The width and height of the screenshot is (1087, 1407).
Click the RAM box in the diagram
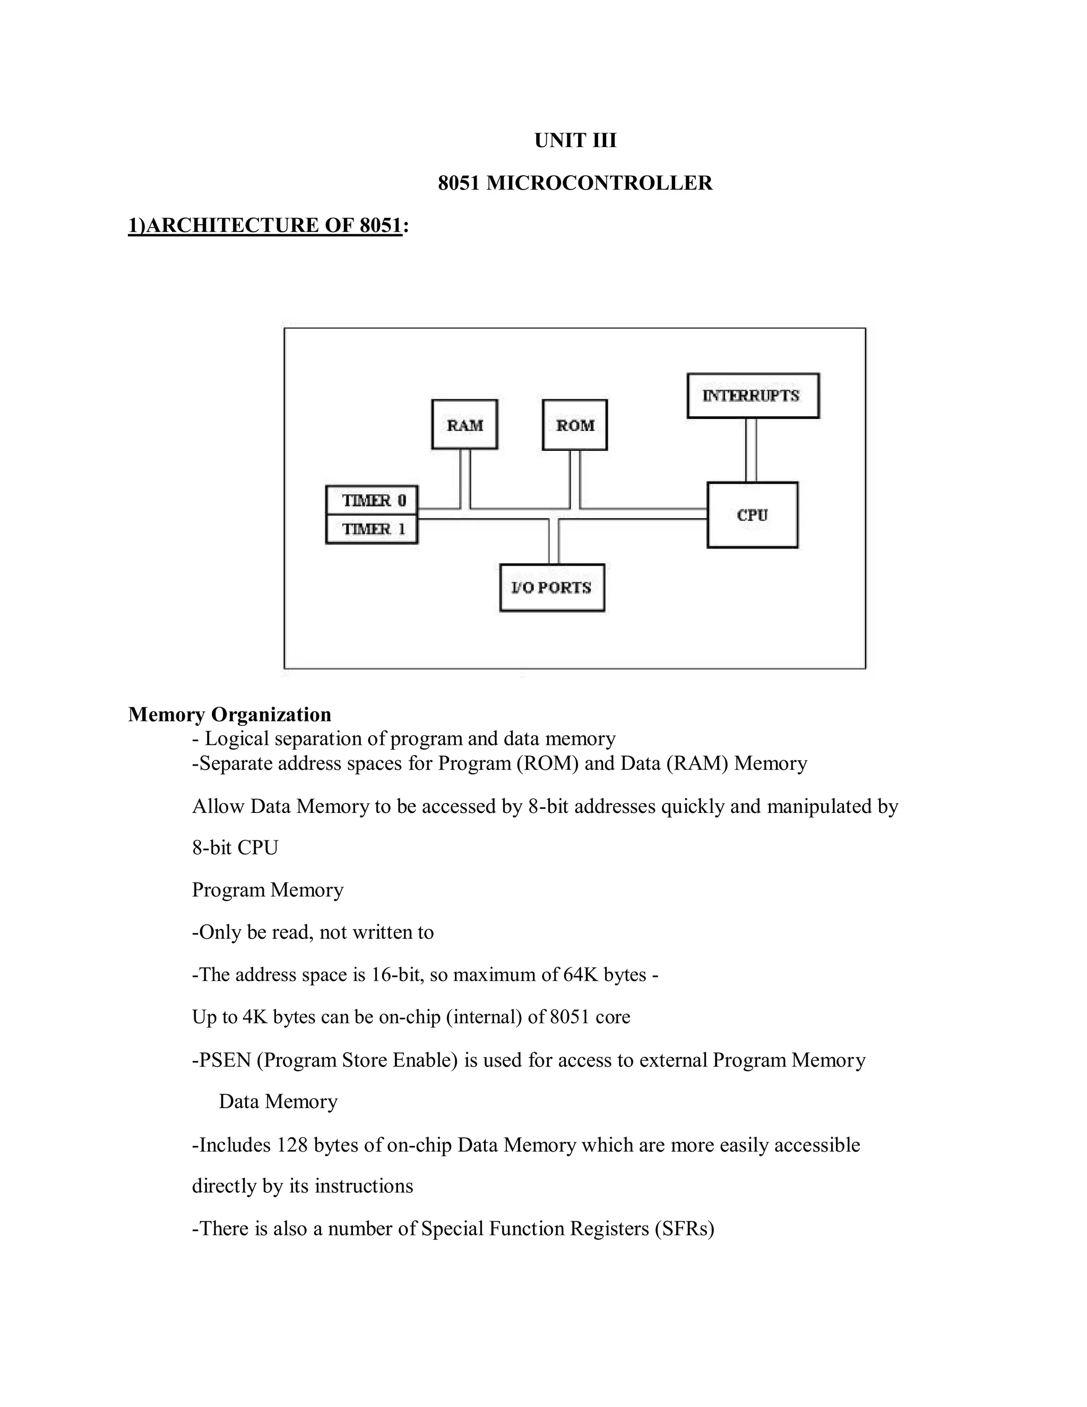pos(464,425)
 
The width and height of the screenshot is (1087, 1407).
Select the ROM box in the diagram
pos(575,425)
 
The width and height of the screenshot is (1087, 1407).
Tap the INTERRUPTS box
pos(753,396)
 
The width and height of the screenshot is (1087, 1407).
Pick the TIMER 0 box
pos(372,501)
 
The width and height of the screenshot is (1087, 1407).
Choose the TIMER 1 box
pos(372,529)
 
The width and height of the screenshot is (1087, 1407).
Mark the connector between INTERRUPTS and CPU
pos(751,450)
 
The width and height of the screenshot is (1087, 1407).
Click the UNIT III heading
pos(575,141)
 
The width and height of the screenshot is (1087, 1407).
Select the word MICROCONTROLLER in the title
pos(599,183)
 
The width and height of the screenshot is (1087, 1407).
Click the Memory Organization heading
pos(230,715)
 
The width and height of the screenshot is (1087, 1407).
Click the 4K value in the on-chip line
pos(255,1017)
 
